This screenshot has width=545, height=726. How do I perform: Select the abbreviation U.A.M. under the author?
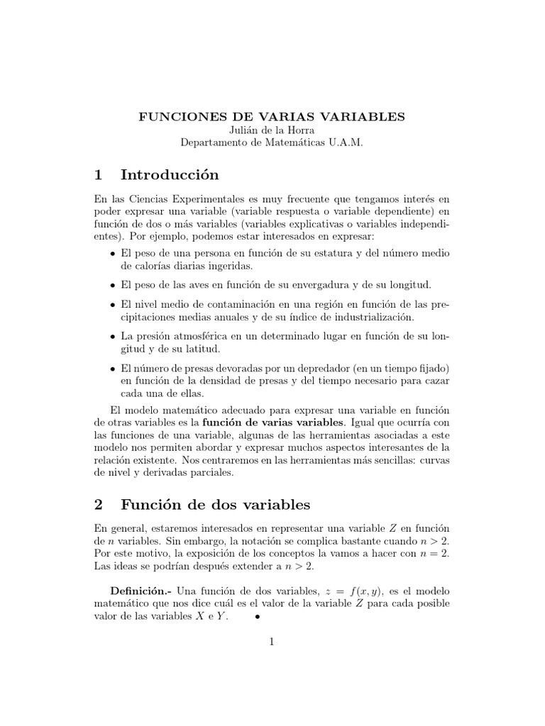click(x=343, y=143)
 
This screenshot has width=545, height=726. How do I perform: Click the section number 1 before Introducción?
click(x=99, y=174)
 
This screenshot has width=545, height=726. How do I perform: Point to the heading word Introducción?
click(x=170, y=174)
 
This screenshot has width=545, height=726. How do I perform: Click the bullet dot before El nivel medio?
click(x=112, y=304)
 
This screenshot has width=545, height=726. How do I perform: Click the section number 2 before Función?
click(x=99, y=506)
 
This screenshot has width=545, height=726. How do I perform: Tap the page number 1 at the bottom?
click(x=272, y=642)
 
